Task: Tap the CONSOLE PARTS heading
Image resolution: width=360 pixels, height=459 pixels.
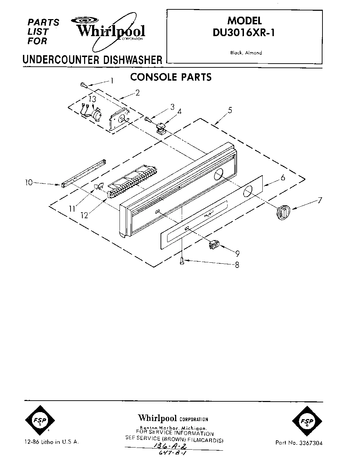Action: click(171, 77)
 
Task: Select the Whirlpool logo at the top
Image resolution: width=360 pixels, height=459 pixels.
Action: click(111, 31)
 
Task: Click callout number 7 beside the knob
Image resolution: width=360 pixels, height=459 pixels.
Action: click(319, 200)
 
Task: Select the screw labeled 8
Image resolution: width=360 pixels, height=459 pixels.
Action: click(182, 263)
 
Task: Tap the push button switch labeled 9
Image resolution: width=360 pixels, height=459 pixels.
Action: click(212, 245)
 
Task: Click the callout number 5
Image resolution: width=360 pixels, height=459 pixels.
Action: click(230, 110)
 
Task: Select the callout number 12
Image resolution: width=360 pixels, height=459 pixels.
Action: click(84, 215)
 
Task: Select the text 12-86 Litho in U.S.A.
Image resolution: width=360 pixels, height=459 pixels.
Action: click(52, 442)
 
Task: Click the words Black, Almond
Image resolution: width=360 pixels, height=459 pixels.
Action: click(246, 53)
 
